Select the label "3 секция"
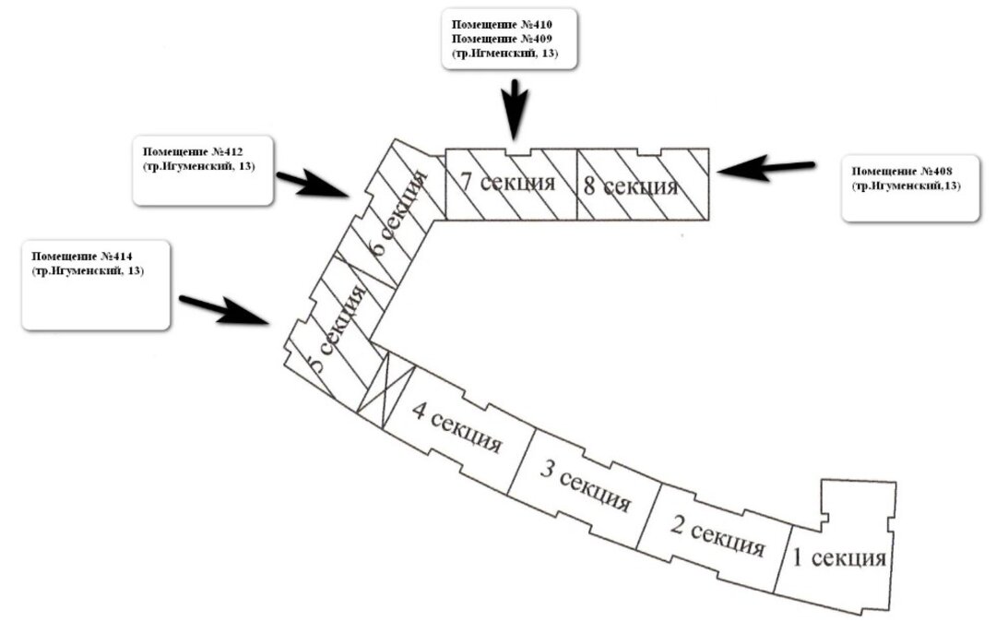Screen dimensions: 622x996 pyautogui.click(x=585, y=487)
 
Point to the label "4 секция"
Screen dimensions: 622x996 pyautogui.click(x=456, y=428)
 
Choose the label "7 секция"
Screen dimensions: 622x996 pyautogui.click(x=508, y=181)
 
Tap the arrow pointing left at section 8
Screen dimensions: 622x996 pyautogui.click(x=765, y=169)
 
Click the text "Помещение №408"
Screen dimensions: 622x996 pyautogui.click(x=902, y=172)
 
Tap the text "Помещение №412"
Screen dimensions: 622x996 pyautogui.click(x=192, y=150)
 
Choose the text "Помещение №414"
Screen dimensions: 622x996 pyautogui.click(x=81, y=256)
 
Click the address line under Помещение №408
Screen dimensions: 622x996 pyautogui.click(x=907, y=186)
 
